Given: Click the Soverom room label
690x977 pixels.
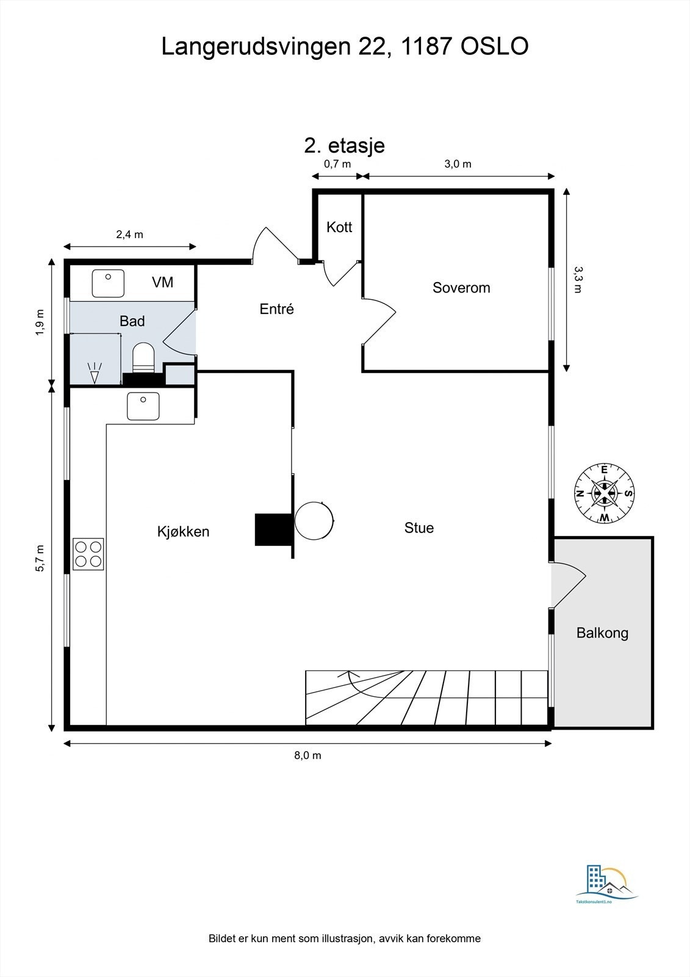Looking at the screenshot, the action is coord(461,288).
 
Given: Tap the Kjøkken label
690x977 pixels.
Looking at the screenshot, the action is coord(184,532).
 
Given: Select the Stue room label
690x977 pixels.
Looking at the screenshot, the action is coord(419,528).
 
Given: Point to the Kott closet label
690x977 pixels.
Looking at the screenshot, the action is coord(339,227).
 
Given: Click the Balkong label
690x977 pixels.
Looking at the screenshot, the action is coord(602,633).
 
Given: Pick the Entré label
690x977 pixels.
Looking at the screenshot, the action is coord(277,309).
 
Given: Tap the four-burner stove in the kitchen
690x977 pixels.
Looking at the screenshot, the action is coord(88,554).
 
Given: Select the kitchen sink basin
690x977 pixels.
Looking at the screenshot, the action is coord(143,406).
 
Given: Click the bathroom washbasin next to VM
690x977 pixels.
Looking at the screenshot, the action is coord(108,283).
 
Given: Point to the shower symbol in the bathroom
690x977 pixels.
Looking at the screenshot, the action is coord(95,372).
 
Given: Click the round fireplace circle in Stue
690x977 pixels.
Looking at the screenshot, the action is coord(314,521).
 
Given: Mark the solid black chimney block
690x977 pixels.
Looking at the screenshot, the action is coord(273,529).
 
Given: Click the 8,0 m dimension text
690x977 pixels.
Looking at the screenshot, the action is coord(307,755).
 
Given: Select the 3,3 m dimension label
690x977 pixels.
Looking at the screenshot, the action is coord(578,280).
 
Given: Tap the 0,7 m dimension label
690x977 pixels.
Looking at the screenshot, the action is coord(337,164).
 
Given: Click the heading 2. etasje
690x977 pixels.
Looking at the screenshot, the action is coord(344,146).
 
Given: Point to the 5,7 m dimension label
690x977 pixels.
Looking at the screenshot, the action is coord(40,558).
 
